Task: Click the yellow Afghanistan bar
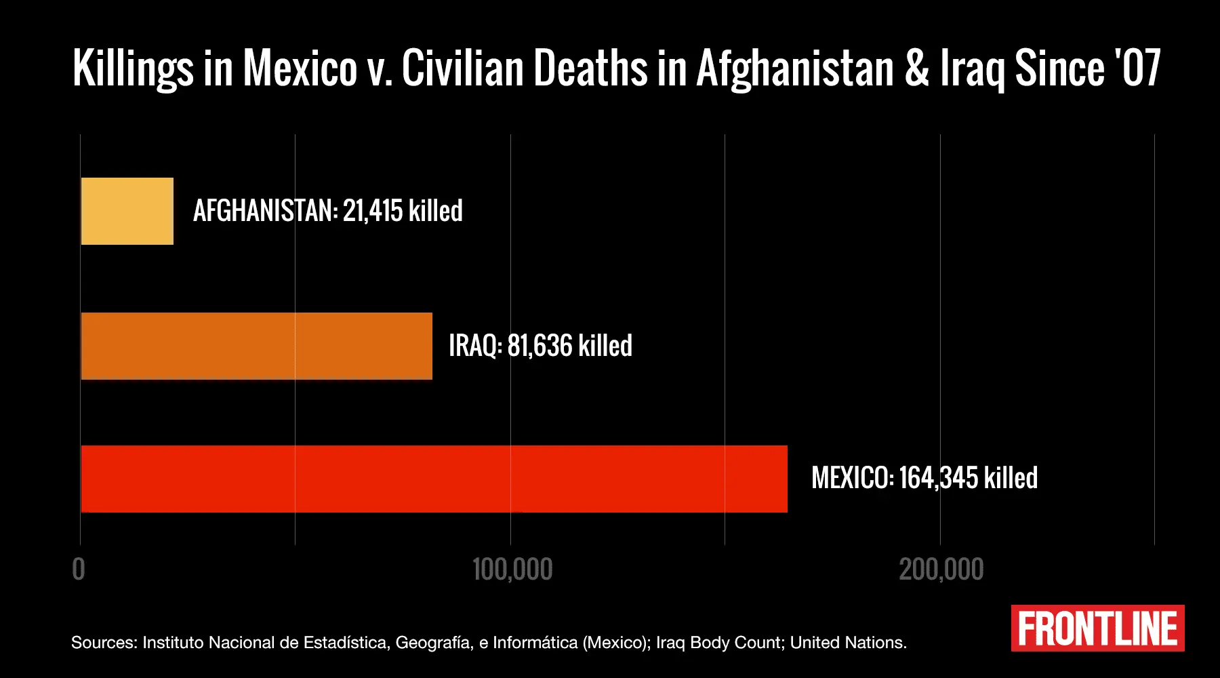click(127, 211)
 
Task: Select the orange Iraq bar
click(256, 346)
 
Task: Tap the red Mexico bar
click(434, 479)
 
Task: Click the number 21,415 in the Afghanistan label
click(373, 211)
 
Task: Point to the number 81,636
click(540, 346)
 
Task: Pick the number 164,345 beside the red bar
click(939, 478)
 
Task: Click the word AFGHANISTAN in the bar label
click(265, 211)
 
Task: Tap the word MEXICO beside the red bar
click(852, 478)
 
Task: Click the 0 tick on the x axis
click(79, 570)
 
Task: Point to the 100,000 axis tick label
click(512, 570)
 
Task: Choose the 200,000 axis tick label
click(941, 570)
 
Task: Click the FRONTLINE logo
click(1097, 629)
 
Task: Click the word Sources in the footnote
click(104, 643)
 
